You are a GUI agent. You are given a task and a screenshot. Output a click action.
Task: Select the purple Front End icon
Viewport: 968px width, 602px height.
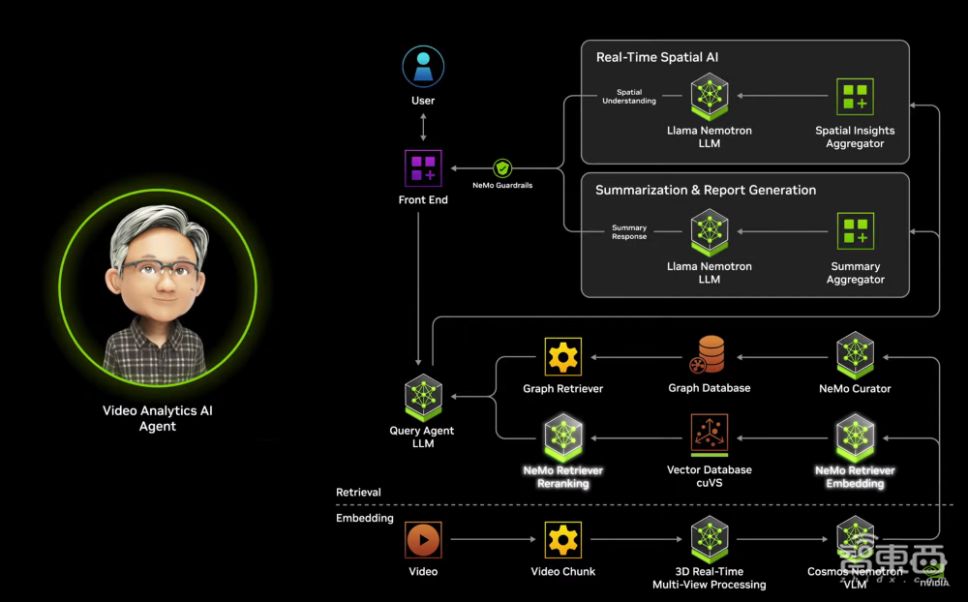(x=423, y=168)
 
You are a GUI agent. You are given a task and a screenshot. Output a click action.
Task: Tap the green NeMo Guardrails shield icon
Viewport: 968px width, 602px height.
(x=501, y=168)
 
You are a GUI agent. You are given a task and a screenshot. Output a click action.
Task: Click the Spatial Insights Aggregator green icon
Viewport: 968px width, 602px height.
(x=855, y=97)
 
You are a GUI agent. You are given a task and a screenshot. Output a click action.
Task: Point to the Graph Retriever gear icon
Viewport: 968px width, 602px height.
(x=562, y=357)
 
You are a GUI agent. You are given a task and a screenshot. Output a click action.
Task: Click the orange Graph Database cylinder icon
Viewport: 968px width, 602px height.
(x=710, y=355)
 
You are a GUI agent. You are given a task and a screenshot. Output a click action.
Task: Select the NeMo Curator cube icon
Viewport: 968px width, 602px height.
(x=855, y=355)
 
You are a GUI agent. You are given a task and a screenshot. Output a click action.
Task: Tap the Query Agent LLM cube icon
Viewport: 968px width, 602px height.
(x=423, y=397)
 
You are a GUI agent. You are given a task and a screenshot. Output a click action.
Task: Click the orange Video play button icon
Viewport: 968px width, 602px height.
(x=423, y=539)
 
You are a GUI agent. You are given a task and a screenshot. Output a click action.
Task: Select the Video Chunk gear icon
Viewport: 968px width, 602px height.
(x=562, y=539)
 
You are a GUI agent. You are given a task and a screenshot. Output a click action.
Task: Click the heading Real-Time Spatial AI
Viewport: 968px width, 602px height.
(x=656, y=57)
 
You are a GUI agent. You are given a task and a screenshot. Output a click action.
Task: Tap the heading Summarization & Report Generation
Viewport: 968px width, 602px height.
(x=706, y=190)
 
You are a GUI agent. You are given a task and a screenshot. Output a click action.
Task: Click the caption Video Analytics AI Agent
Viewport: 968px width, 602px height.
(x=158, y=418)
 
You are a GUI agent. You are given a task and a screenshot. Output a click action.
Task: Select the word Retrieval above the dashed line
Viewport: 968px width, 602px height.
(x=358, y=493)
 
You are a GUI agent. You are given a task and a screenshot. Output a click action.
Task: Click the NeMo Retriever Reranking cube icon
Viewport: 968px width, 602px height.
(x=562, y=436)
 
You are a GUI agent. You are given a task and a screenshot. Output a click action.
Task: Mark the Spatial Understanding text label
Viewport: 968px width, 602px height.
(x=629, y=97)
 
